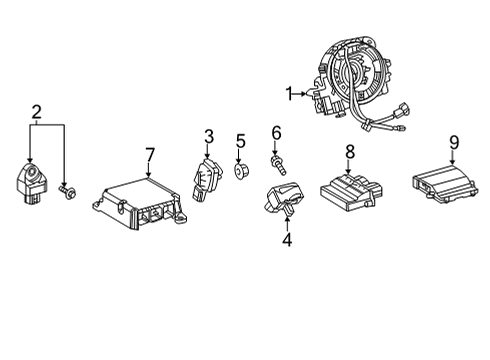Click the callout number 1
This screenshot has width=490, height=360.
click(289, 94)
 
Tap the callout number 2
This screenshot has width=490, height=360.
click(36, 111)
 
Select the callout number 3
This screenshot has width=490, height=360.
click(209, 135)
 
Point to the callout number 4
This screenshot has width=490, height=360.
click(286, 239)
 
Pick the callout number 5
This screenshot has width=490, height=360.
click(240, 140)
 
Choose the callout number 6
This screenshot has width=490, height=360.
click(276, 131)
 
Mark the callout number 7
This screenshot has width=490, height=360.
click(149, 154)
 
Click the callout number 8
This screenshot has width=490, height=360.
click(350, 150)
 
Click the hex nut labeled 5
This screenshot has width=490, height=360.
click(240, 173)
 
